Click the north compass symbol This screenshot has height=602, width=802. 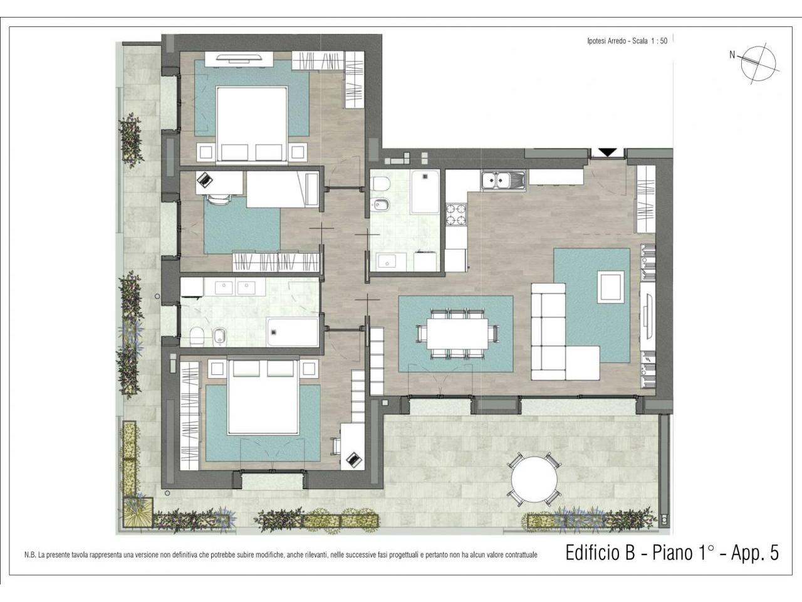(x=758, y=63)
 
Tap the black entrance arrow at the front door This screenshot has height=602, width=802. (x=608, y=152)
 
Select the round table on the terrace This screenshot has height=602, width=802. (x=534, y=480)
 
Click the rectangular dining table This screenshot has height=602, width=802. (x=457, y=334)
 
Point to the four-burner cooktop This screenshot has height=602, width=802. (x=457, y=214)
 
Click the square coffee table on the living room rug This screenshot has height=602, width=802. (x=610, y=287)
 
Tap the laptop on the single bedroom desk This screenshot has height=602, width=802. (x=206, y=179)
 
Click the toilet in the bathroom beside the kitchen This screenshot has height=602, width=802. (x=380, y=183)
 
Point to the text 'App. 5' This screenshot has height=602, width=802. (x=754, y=552)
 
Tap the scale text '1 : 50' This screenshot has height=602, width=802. (x=659, y=41)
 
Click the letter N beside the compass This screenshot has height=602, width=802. (x=732, y=55)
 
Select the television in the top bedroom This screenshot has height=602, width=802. (x=239, y=58)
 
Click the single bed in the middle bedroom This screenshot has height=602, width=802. (x=283, y=189)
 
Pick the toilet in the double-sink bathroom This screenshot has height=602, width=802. (x=197, y=335)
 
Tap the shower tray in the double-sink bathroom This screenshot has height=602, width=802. (x=293, y=332)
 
